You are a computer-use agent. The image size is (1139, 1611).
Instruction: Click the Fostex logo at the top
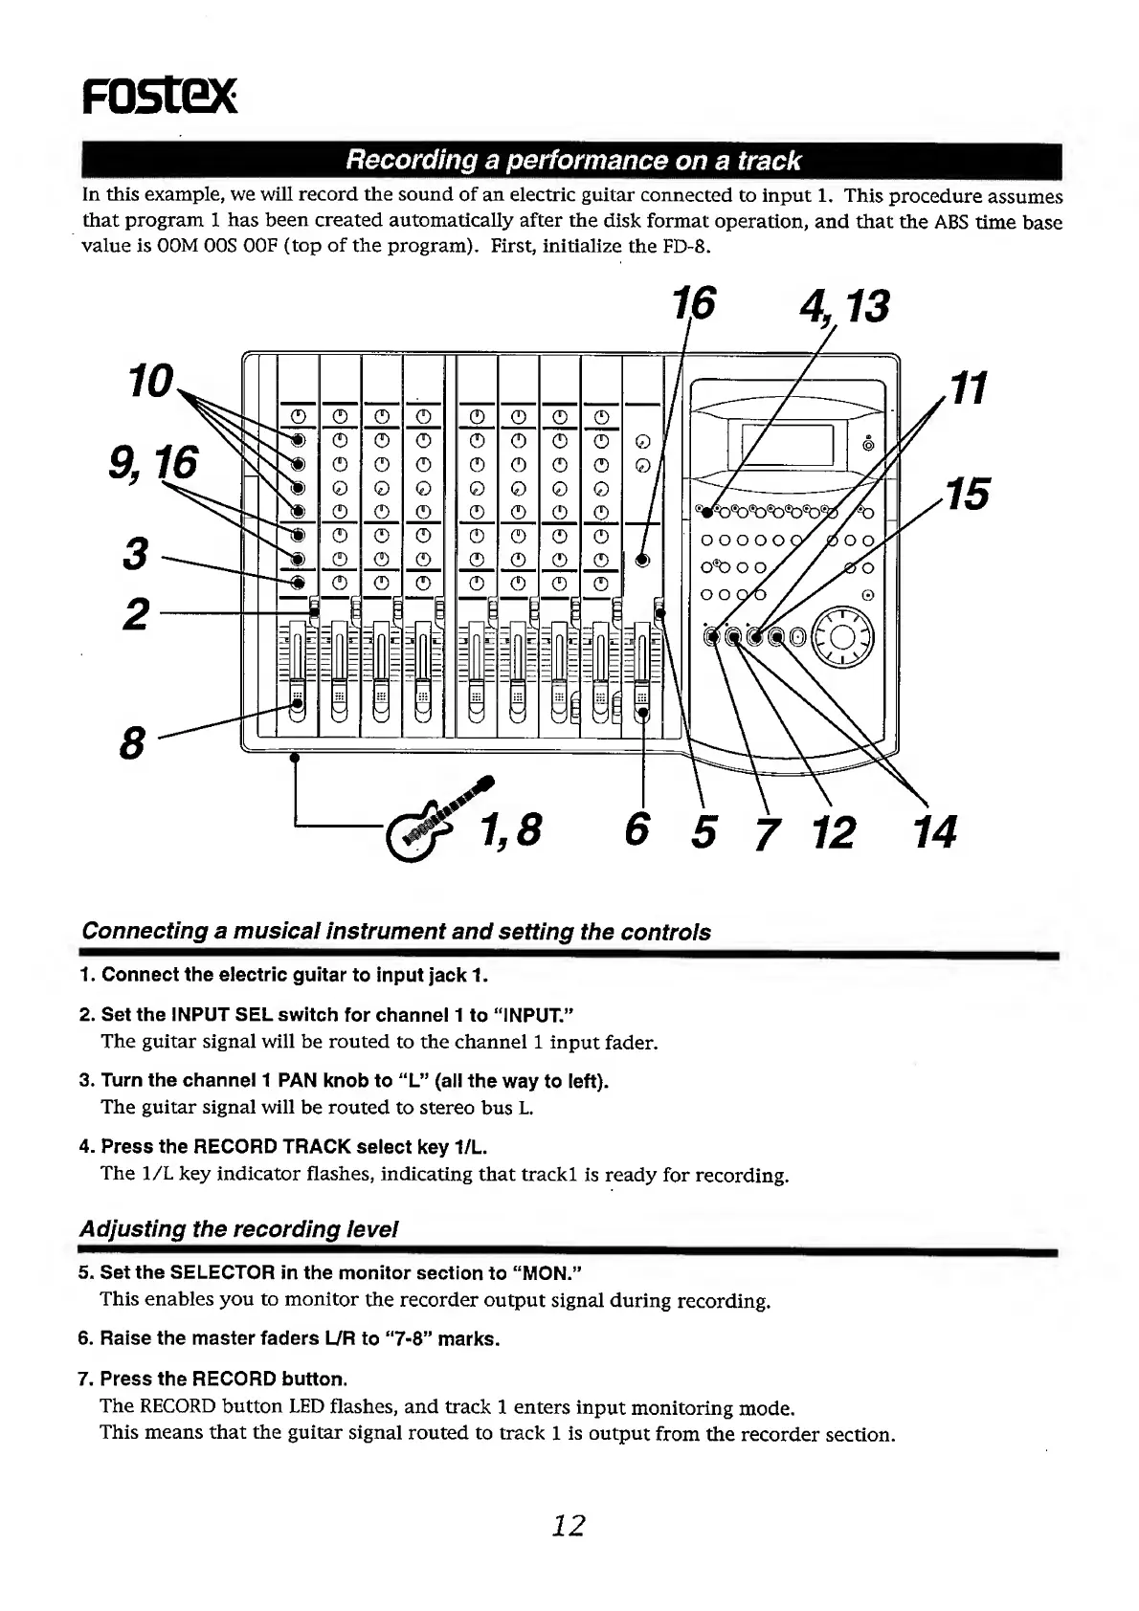(157, 96)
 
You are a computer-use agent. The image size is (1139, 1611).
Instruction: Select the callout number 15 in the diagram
(966, 495)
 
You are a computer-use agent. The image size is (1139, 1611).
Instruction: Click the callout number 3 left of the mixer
(135, 554)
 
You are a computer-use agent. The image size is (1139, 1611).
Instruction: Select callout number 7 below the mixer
(762, 834)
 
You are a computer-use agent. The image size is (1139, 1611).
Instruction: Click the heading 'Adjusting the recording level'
(239, 1228)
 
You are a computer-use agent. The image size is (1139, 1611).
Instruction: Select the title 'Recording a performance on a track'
(572, 161)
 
